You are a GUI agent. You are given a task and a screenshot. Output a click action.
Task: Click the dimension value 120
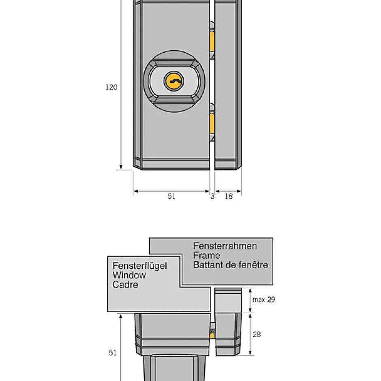coord(111,87)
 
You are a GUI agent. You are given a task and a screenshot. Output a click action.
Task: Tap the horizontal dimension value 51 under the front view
coord(171,196)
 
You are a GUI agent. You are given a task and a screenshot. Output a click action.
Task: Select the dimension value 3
coord(212,196)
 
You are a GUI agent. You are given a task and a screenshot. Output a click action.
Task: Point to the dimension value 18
coord(229,196)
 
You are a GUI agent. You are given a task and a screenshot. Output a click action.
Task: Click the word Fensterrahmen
coord(225,246)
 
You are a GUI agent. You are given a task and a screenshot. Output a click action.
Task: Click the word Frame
coord(207,255)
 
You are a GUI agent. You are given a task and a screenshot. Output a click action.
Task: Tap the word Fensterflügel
coord(140,266)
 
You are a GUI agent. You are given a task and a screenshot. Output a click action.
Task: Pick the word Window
coord(129,275)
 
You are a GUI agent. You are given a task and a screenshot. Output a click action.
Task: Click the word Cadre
coord(125,285)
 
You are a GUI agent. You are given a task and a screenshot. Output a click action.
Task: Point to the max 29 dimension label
coord(264,300)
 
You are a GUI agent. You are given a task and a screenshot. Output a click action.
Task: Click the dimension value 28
coord(257,334)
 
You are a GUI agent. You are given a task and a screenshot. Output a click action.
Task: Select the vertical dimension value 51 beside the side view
coord(113,353)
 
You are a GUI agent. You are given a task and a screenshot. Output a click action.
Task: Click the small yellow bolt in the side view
coord(212,335)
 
